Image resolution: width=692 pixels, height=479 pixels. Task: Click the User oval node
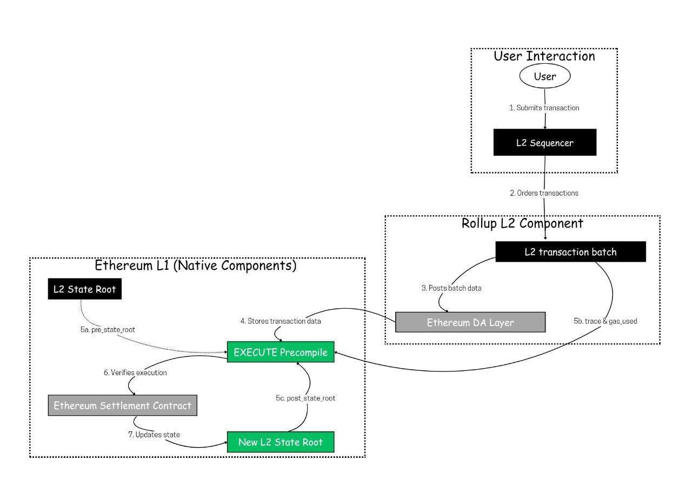(x=544, y=77)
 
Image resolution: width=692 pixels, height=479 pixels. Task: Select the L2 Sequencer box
(x=544, y=143)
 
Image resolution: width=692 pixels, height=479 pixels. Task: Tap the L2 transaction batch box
(x=570, y=252)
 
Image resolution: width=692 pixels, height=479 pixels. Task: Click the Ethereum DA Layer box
(x=470, y=322)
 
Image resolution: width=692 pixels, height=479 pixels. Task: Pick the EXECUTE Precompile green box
(x=281, y=352)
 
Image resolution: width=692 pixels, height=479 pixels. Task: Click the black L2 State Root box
(x=84, y=289)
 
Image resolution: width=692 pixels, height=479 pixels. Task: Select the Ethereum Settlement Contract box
(x=122, y=405)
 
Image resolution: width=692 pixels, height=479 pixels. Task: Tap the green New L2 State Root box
(x=281, y=442)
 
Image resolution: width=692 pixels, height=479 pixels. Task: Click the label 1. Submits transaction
(x=544, y=108)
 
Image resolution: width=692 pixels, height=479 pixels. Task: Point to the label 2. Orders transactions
(x=544, y=193)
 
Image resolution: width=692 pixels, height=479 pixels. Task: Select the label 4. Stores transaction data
(x=281, y=322)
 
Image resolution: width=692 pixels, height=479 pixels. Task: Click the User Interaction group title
(x=544, y=56)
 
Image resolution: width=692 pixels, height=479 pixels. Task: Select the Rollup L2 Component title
(x=522, y=223)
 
